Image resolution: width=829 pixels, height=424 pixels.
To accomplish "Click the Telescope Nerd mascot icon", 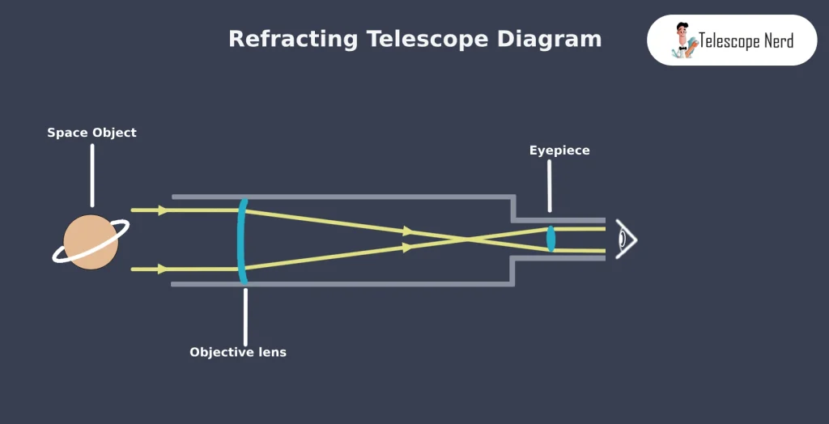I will coord(683,40).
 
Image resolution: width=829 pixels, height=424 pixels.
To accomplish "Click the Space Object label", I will coord(91,133).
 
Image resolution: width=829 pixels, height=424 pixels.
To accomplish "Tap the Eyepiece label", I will coord(559,151).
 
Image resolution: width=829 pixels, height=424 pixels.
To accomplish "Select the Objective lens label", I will coord(238,353).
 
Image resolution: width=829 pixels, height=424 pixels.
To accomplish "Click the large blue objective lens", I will coord(241,240).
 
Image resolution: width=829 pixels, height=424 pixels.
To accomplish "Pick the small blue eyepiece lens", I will coord(551,239).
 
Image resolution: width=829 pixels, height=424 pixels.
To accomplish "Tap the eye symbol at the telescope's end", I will coord(625,240).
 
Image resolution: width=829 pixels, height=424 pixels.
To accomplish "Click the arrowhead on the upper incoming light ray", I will coord(163,210).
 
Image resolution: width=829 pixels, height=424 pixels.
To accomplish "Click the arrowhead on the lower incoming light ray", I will coord(163,269).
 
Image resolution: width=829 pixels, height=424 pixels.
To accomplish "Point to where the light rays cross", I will coord(468,240).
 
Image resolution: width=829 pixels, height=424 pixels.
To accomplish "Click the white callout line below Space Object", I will coord(92,176).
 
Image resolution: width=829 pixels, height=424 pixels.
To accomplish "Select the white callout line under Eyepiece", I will coord(551,186).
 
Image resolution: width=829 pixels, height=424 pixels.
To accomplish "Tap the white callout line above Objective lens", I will coord(245,316).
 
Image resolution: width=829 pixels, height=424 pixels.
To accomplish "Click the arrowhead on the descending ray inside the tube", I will coord(407,231).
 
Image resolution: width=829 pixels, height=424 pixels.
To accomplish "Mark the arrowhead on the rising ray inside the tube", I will coord(407,248).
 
